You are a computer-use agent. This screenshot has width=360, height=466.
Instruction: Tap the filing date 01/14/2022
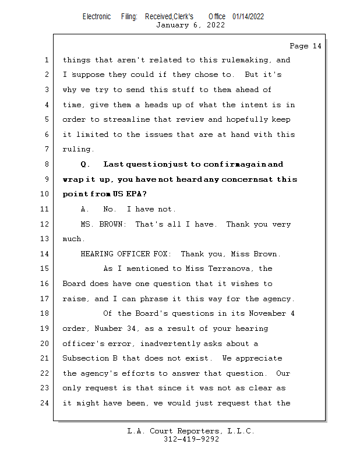[248, 17]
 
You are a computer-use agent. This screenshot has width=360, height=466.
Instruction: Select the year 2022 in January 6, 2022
[215, 25]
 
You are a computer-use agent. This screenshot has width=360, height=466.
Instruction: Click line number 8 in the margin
[47, 165]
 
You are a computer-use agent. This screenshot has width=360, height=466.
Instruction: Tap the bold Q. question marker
[85, 165]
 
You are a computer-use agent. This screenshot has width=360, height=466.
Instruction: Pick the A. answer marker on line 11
[85, 210]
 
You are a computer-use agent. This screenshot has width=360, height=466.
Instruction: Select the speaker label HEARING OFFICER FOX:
[126, 255]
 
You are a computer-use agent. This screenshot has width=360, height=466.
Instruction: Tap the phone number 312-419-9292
[191, 440]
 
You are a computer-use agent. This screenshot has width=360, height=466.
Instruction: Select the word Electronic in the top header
[96, 17]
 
